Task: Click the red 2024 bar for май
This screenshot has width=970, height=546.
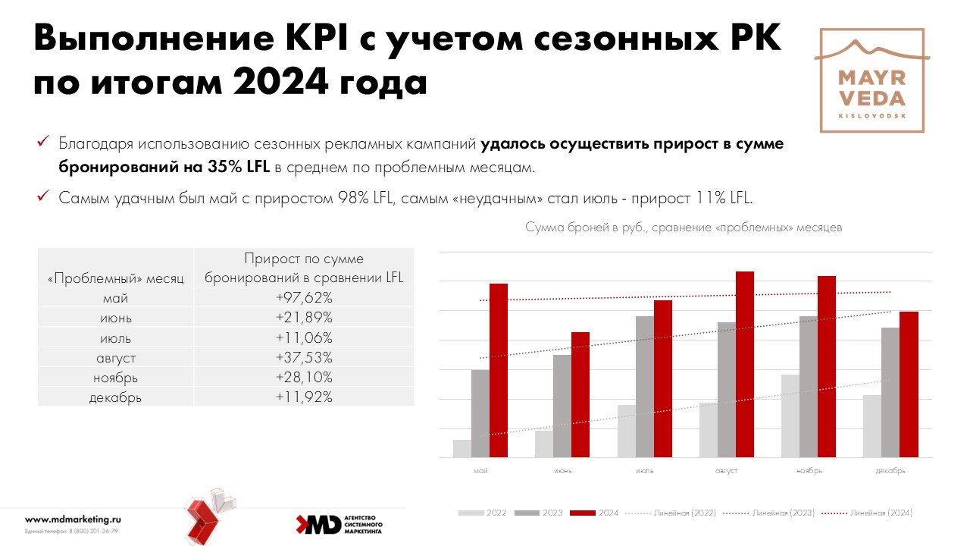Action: [x=499, y=371]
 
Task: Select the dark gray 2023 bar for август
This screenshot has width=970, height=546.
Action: [x=726, y=390]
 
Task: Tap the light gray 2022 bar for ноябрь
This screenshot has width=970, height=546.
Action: [x=790, y=416]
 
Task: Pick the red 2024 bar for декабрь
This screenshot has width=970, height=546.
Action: [x=909, y=384]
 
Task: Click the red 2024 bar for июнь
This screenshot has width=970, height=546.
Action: [x=580, y=395]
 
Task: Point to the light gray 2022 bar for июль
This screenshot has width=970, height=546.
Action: [x=627, y=431]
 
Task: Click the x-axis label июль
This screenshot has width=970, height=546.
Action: [x=645, y=471]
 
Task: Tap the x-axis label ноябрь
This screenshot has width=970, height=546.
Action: [x=809, y=471]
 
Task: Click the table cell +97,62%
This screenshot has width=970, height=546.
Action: [x=304, y=298]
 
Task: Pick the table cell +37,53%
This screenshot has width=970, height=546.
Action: [x=304, y=357]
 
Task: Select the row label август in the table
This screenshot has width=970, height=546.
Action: [x=115, y=357]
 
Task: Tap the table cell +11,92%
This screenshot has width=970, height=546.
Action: [x=304, y=397]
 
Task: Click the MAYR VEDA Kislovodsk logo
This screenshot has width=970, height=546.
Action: [x=871, y=80]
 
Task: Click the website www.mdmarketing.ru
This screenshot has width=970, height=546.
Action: [x=73, y=519]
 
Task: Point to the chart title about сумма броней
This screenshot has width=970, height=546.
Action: [x=684, y=227]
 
